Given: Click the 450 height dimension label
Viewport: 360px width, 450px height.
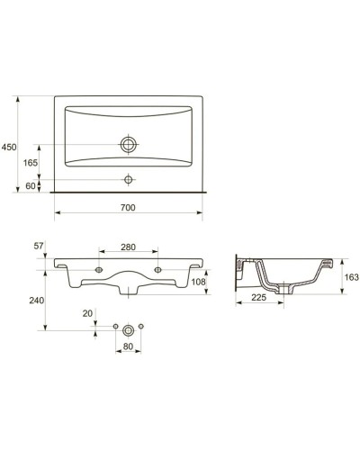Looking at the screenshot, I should (9, 147).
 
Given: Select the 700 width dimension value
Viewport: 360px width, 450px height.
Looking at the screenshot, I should (128, 208).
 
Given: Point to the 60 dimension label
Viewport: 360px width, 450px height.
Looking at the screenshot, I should (31, 185).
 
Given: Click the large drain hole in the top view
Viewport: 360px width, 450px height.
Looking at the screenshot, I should (130, 143).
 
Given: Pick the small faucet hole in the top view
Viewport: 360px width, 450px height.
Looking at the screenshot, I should (130, 179).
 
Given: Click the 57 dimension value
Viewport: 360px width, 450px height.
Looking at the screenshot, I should (39, 246).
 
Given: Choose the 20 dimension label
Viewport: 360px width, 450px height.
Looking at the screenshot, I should (87, 313).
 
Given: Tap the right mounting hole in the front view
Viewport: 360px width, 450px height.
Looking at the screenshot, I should (159, 268).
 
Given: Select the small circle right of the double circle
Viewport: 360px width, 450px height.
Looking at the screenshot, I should (143, 325).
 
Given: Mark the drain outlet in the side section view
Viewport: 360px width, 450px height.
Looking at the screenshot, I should (286, 289).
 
